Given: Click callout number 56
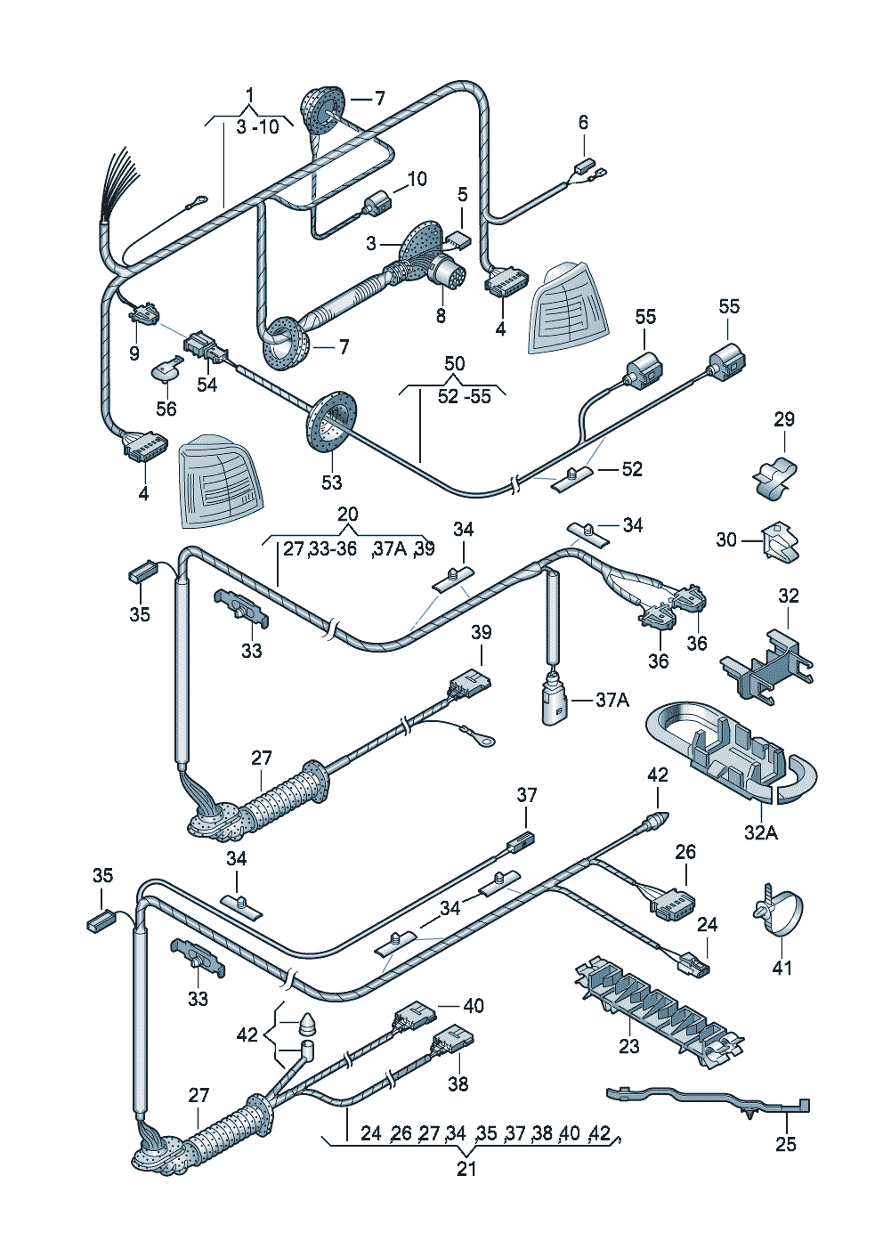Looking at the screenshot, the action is [166, 409].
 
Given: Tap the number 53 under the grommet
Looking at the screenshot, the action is [332, 482].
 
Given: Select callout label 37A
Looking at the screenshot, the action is [612, 700].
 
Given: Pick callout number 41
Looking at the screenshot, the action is [782, 967].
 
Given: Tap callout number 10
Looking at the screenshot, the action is [417, 179].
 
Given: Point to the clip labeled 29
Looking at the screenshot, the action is [774, 478].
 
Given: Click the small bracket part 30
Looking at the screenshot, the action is [782, 541].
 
